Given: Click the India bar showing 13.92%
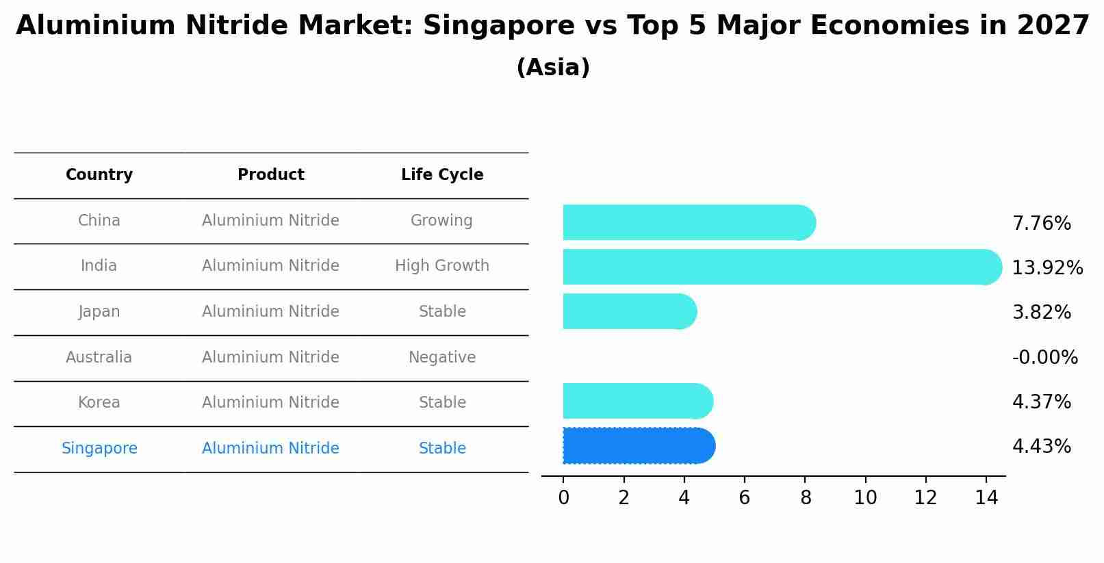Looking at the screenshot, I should tap(780, 267).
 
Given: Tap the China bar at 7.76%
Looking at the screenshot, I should tap(688, 222).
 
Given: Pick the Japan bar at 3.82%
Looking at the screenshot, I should tap(628, 311).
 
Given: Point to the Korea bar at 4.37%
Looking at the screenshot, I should tap(637, 401).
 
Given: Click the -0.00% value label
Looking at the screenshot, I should tap(1044, 357).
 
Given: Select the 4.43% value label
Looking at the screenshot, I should tap(1041, 447).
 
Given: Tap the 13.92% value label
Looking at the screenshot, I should tap(1047, 267).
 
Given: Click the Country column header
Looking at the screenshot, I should tap(99, 175).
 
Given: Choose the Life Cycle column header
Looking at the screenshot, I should tap(442, 175).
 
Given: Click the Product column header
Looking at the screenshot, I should tap(270, 175).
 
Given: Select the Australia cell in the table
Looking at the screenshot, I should tap(99, 357).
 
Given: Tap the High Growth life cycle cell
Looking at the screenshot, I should tap(442, 266).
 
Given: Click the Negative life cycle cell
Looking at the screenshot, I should tap(442, 357).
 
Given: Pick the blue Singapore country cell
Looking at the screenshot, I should tap(99, 448).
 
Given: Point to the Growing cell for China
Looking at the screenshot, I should tap(441, 221).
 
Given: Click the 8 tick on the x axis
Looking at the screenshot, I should tap(805, 497).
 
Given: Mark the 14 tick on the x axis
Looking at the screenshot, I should tap(986, 497).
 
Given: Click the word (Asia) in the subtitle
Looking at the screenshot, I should tap(553, 68).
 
